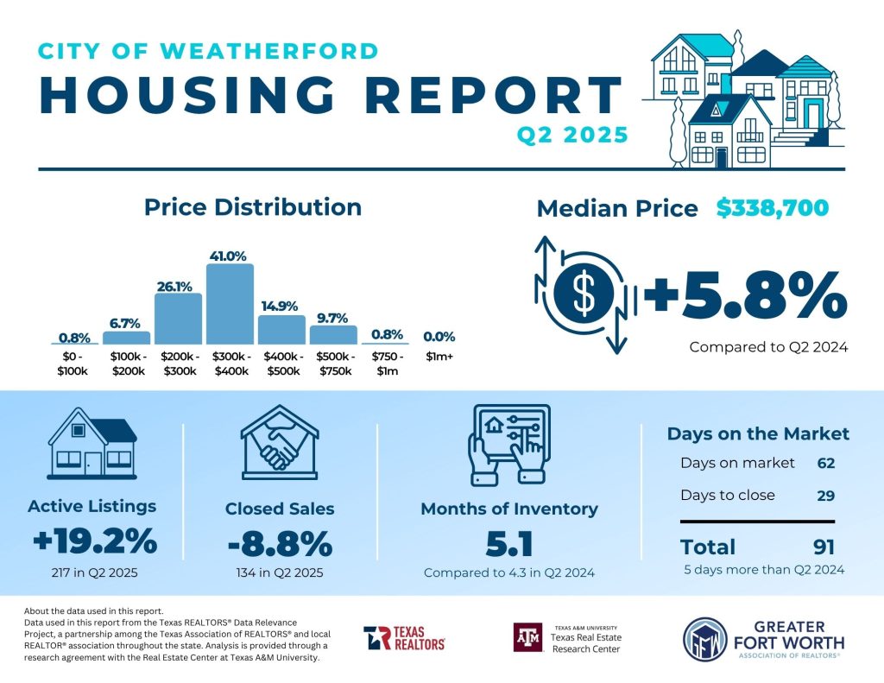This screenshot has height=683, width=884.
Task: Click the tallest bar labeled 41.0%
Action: click(230, 305)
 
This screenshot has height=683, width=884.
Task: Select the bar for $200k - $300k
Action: click(178, 319)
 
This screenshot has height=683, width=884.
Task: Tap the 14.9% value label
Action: click(281, 305)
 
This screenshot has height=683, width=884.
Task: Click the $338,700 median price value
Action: click(773, 208)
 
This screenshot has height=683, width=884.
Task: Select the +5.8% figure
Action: click(745, 296)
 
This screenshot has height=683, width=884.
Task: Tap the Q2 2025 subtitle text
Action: click(571, 136)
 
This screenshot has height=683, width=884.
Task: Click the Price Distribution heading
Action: click(253, 207)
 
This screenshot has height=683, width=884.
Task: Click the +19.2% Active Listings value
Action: click(94, 542)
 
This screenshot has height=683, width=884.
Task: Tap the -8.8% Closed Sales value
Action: click(280, 544)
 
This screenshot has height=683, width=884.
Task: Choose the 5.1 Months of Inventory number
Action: click(508, 544)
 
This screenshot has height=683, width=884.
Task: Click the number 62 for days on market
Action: click(826, 463)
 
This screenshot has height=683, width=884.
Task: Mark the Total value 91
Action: click(824, 547)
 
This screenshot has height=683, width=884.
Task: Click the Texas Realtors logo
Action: click(404, 638)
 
